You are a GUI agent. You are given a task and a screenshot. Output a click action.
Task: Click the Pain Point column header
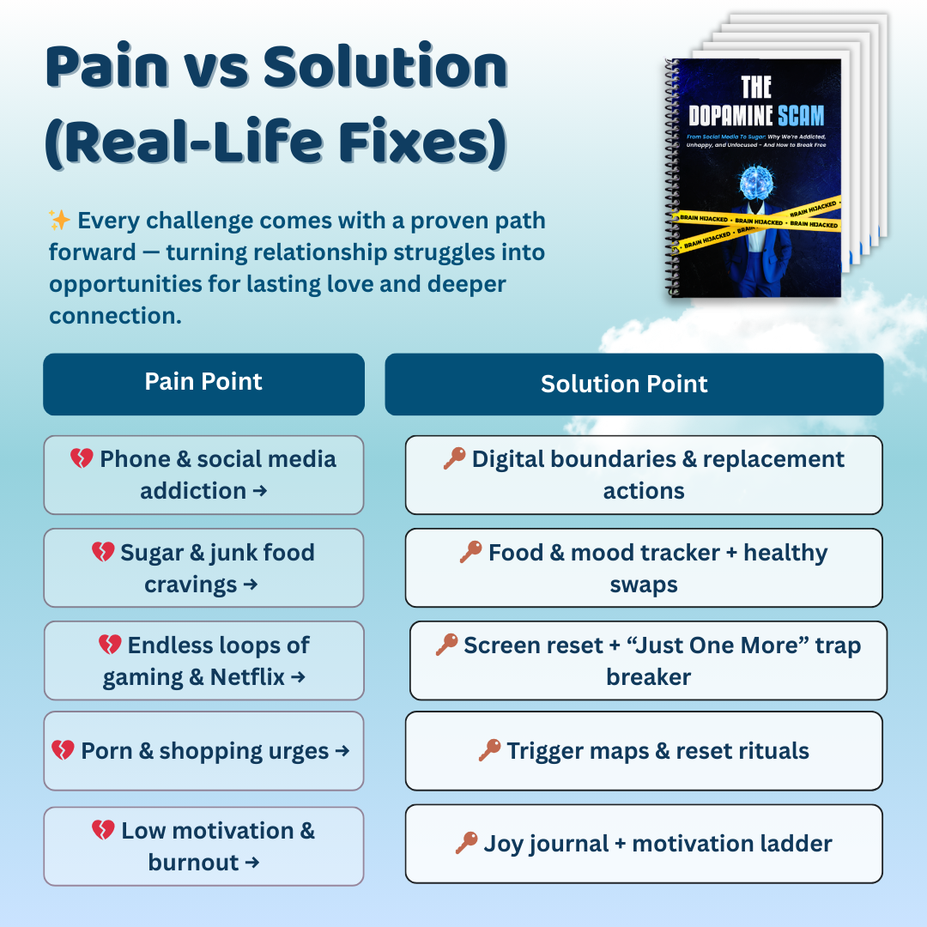(203, 383)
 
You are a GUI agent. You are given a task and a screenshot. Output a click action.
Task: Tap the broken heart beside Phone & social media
(82, 459)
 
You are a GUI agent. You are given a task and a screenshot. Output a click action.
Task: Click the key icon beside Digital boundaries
(454, 459)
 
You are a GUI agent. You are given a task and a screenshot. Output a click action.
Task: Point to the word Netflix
(247, 677)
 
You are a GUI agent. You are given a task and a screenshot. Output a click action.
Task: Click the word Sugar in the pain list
(152, 553)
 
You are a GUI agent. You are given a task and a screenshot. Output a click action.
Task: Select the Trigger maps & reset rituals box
(644, 751)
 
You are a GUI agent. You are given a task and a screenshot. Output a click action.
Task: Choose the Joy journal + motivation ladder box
(644, 844)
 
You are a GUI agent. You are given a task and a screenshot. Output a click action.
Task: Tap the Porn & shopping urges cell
(203, 751)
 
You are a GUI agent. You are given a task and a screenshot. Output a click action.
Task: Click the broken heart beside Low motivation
(103, 831)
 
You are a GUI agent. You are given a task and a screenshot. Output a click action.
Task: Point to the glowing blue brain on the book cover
(756, 181)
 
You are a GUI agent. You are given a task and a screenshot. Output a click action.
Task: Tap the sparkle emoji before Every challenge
(60, 221)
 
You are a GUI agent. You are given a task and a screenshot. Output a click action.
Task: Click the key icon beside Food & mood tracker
(470, 553)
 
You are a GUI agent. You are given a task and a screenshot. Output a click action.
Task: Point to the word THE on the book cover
(756, 87)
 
